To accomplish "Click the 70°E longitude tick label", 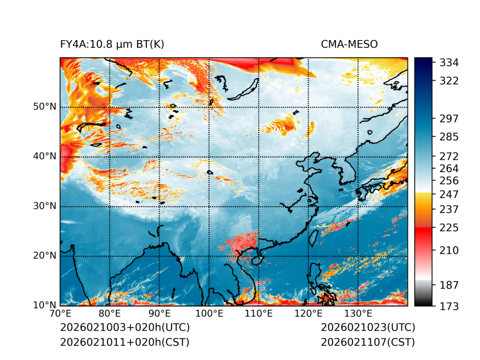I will pyautogui.click(x=60, y=314).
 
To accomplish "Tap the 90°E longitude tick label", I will pyautogui.click(x=160, y=314).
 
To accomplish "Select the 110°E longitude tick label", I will pyautogui.click(x=259, y=314).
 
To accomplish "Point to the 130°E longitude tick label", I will pyautogui.click(x=358, y=314).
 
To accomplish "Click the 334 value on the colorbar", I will pyautogui.click(x=449, y=63).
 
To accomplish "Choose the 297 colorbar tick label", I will pyautogui.click(x=449, y=119).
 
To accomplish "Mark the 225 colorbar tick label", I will pyautogui.click(x=449, y=227).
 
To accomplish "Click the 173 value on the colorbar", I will pyautogui.click(x=449, y=306).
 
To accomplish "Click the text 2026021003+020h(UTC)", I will pyautogui.click(x=124, y=328).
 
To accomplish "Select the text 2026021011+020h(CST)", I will pyautogui.click(x=124, y=342).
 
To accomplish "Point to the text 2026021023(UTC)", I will pyautogui.click(x=368, y=328).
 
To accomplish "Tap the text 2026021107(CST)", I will pyautogui.click(x=368, y=342).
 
